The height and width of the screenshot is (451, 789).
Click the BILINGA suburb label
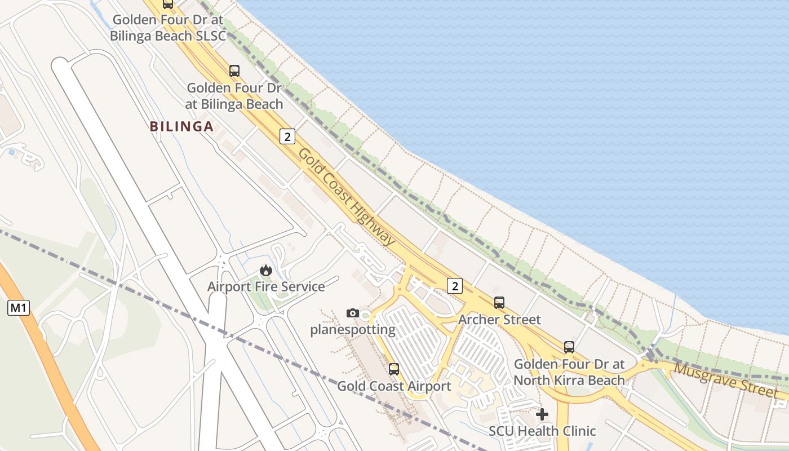tap(181, 127)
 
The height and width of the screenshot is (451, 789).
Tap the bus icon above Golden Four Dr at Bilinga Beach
tap(234, 71)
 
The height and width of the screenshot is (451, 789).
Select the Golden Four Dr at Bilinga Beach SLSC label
tap(168, 28)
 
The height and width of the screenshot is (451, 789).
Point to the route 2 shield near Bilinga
tap(287, 136)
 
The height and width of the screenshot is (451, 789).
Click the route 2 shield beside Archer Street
tap(455, 286)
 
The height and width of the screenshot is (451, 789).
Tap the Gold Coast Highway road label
tap(347, 196)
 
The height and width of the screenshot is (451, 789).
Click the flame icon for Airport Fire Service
tap(266, 271)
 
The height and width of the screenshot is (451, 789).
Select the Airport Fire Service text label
tap(266, 287)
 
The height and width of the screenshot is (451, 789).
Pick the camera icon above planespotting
tap(353, 313)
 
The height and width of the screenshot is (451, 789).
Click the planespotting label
tap(353, 330)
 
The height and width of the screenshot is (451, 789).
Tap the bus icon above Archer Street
tap(499, 303)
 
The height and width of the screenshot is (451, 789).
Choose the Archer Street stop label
tap(499, 320)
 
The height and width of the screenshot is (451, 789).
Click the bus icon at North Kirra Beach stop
tap(569, 347)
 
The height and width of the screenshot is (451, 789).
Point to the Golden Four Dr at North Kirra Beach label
tap(569, 372)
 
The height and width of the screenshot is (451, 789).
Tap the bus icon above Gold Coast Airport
tap(394, 369)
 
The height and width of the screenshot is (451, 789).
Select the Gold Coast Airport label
tap(394, 386)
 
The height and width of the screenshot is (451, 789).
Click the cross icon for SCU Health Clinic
tap(542, 414)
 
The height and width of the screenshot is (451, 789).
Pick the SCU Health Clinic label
tap(542, 431)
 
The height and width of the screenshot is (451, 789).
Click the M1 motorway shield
tap(18, 308)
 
